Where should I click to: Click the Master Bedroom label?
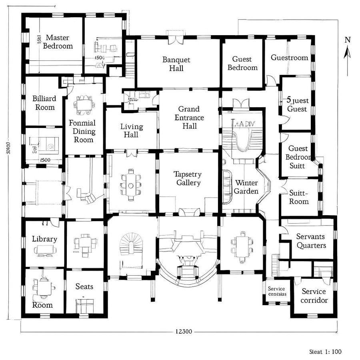click(x=58, y=42)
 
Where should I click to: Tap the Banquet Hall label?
click(x=176, y=64)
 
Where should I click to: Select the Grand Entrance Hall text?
click(x=189, y=118)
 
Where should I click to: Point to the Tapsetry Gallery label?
click(x=187, y=178)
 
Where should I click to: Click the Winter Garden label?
click(x=246, y=187)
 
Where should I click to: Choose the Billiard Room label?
click(x=44, y=103)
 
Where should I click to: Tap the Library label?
click(x=44, y=239)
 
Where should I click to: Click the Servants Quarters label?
click(x=311, y=241)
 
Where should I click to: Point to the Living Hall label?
click(x=131, y=131)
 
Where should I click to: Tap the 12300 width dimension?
click(x=184, y=332)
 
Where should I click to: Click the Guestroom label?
click(x=289, y=58)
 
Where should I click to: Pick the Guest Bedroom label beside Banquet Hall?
click(x=242, y=64)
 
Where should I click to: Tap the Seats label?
click(x=84, y=286)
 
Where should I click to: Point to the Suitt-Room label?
click(x=298, y=197)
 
